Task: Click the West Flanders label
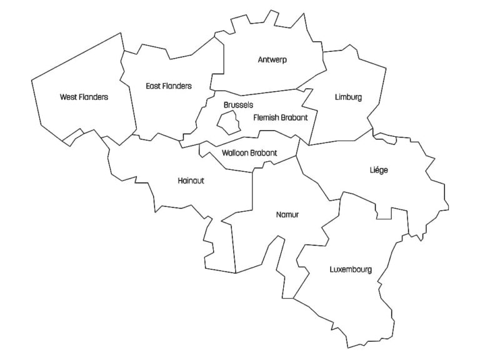(84, 97)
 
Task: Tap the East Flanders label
(168, 86)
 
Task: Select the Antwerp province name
(276, 60)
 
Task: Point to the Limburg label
(348, 97)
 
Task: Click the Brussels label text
(238, 105)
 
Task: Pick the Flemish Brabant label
(281, 117)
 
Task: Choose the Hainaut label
(191, 181)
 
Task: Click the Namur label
(287, 214)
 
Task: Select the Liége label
(379, 170)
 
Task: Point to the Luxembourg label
(351, 270)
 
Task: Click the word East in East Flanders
(152, 86)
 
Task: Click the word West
(68, 97)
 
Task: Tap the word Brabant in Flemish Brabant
(294, 117)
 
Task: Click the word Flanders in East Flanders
(177, 86)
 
